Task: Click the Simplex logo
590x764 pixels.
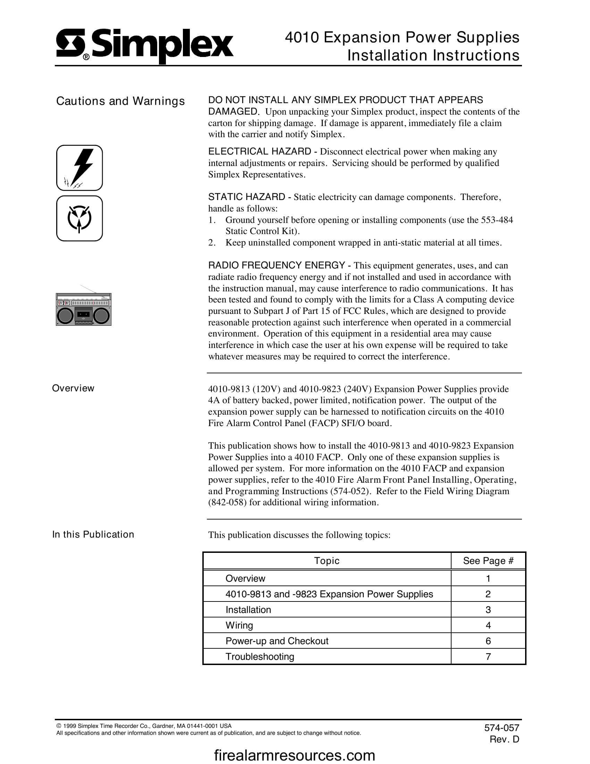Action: pos(144,46)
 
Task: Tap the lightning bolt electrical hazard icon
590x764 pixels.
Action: pos(79,168)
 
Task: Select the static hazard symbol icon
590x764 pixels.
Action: pos(79,218)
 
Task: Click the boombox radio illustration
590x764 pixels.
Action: pos(84,309)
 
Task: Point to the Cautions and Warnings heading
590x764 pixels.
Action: pos(120,101)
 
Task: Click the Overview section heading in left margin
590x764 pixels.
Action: pos(73,388)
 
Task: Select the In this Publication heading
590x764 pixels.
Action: pos(93,534)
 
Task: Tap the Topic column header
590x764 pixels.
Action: pos(327,561)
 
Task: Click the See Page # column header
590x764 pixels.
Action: pos(488,561)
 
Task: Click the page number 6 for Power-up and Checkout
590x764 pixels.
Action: pos(488,641)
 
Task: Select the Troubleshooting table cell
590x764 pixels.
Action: pos(260,657)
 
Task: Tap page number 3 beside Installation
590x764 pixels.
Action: pos(488,610)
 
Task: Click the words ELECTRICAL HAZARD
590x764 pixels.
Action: pos(259,151)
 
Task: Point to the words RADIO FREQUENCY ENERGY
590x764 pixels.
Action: pos(277,265)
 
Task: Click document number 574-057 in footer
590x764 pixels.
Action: pos(501,728)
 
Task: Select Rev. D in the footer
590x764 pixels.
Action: pos(504,739)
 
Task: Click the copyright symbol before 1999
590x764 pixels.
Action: pos(58,726)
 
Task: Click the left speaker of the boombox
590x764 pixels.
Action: pos(65,316)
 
